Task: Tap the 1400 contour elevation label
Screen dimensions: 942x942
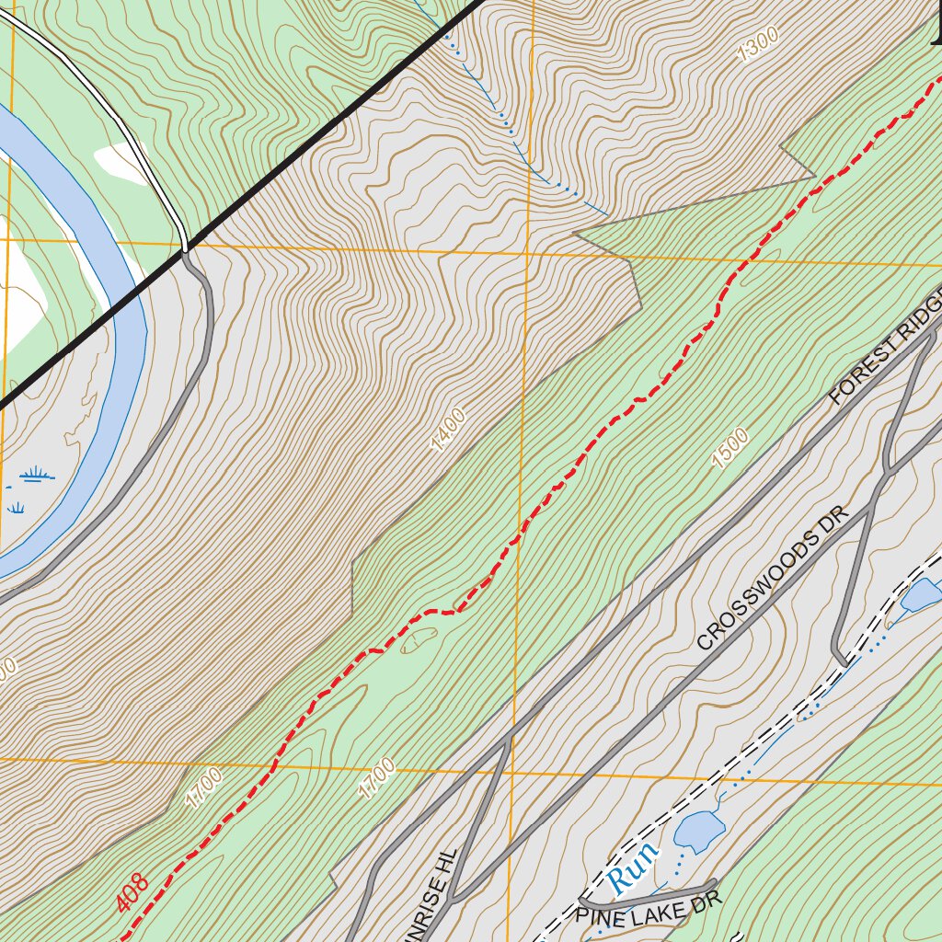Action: click(448, 430)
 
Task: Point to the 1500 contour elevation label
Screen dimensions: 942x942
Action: click(729, 448)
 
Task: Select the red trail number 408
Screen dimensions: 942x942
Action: click(132, 892)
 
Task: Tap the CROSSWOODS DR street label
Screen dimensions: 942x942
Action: click(770, 589)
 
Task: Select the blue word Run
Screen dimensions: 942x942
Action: click(634, 866)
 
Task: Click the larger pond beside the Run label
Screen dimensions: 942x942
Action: click(697, 830)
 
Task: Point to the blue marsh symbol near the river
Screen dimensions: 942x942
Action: click(36, 476)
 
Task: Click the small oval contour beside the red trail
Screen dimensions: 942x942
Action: click(419, 639)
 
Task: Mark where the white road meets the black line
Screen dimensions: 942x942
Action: click(186, 247)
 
